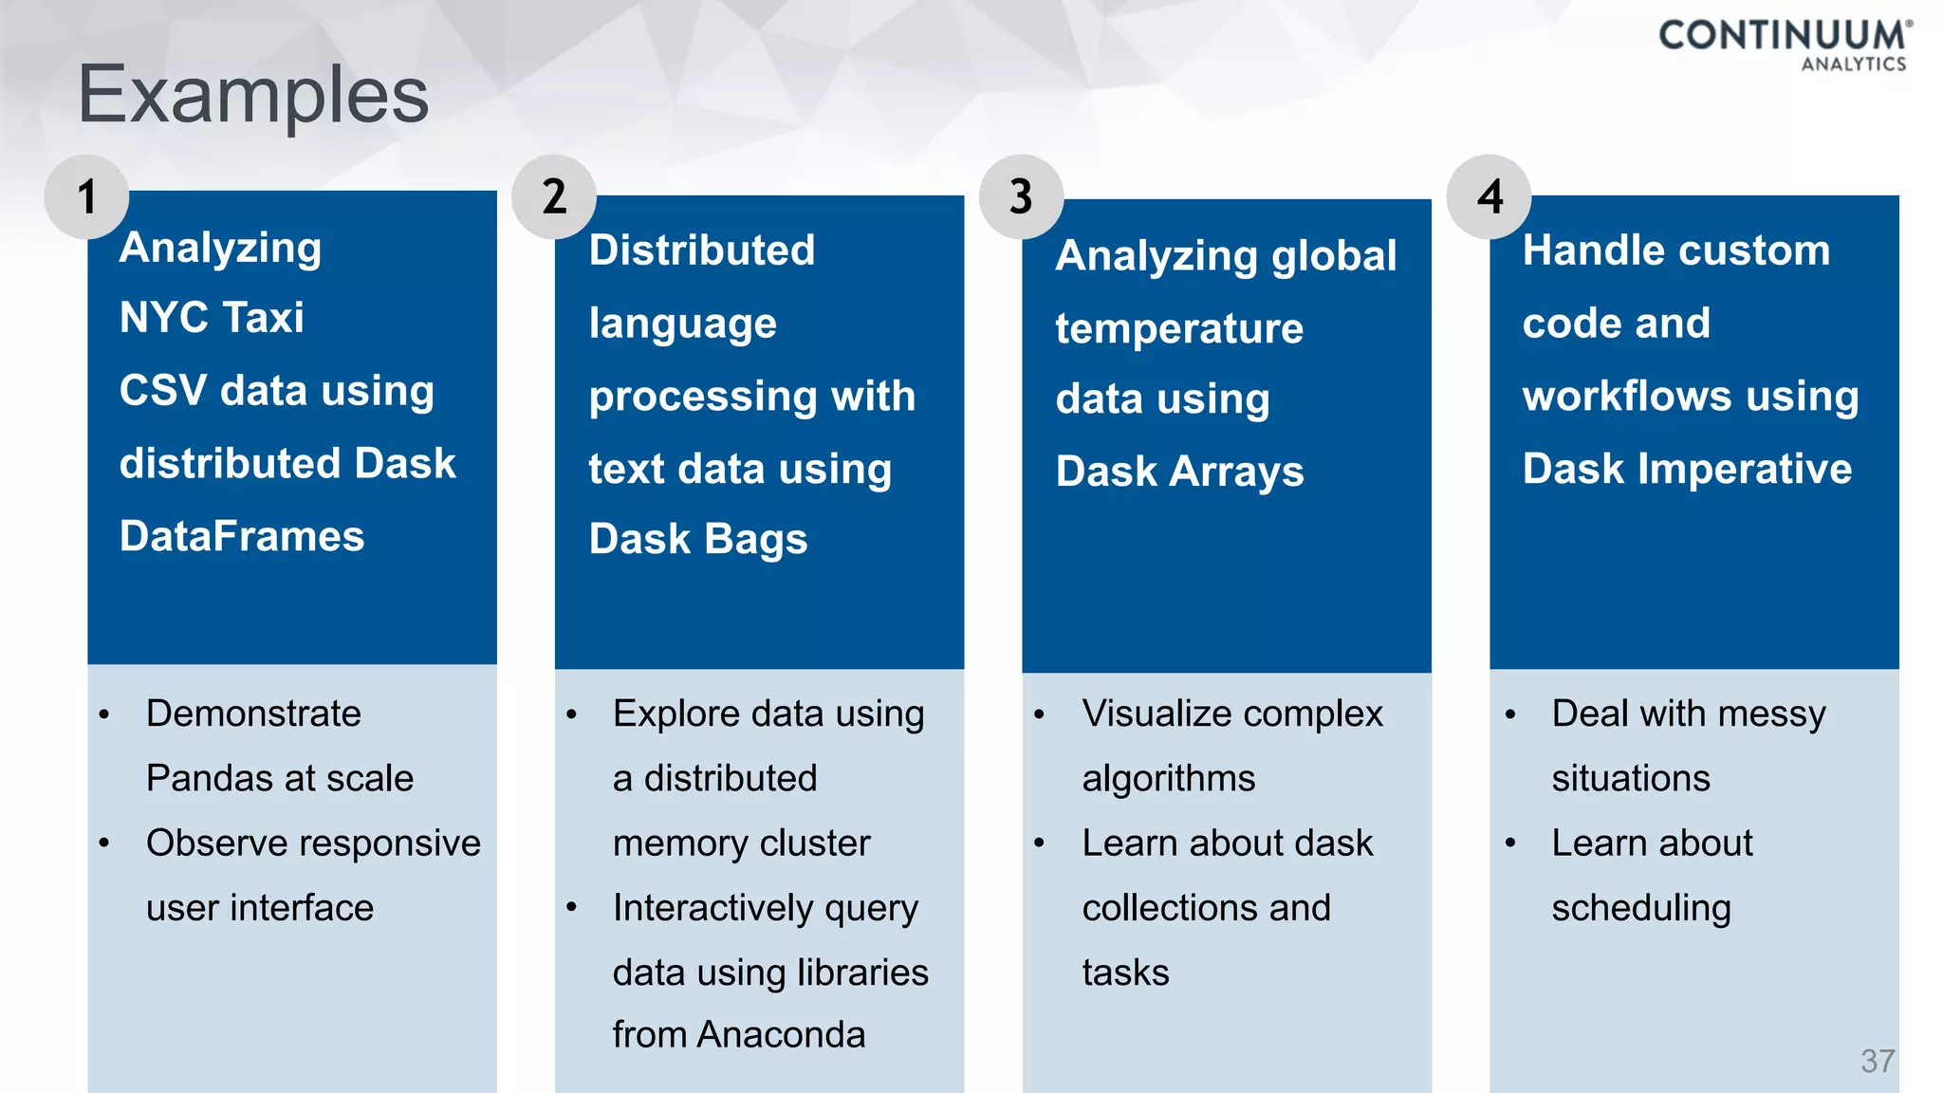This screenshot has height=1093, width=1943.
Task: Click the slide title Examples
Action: tap(252, 95)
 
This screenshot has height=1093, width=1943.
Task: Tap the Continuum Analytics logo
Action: tap(1785, 44)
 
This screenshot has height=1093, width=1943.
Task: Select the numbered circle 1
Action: tap(86, 196)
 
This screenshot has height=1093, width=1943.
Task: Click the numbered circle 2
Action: tap(554, 196)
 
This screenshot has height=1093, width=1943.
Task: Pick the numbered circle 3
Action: tap(1021, 196)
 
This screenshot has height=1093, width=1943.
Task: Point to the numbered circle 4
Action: tap(1490, 196)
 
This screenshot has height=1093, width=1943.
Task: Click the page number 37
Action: tap(1878, 1060)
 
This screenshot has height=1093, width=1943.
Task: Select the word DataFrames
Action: tap(242, 536)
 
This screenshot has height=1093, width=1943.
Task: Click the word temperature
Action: tap(1179, 328)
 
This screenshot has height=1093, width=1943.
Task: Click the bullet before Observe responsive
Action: tap(104, 843)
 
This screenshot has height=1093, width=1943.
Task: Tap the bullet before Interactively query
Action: tap(571, 907)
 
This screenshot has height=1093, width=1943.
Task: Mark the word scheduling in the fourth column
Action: tap(1641, 908)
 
